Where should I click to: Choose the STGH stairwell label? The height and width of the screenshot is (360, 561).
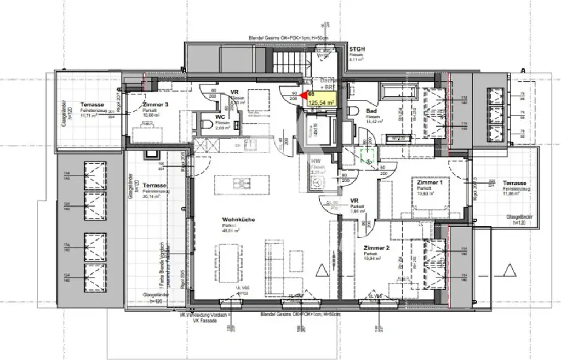pos(357,49)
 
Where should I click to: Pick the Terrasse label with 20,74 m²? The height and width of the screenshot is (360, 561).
pos(154,186)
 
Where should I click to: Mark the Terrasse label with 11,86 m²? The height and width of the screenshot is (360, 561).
pos(514,183)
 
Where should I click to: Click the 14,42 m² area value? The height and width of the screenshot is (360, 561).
pos(375,121)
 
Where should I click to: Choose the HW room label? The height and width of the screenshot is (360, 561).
pos(316,162)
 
